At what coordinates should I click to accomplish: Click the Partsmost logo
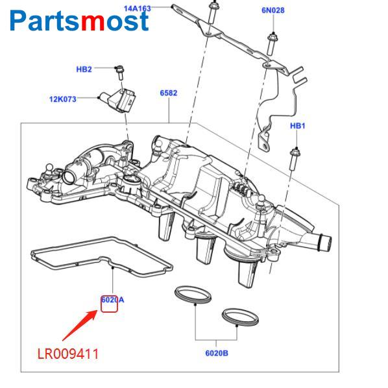pos(79,21)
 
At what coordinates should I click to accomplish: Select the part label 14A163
pos(137,8)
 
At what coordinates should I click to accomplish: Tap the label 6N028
pos(273,10)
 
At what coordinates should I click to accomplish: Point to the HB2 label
pos(84,69)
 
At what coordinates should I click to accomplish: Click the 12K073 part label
pos(62,99)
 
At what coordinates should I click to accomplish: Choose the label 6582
pos(169,93)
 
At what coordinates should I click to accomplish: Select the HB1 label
pos(297,126)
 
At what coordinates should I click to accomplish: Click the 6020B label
pos(217,353)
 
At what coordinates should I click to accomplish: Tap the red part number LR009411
pos(68,354)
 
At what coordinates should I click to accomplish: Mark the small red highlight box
pos(109,304)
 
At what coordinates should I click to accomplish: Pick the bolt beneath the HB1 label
pos(295,159)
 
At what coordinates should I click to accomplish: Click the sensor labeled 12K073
pos(117,100)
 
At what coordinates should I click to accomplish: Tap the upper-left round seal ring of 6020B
pos(193,295)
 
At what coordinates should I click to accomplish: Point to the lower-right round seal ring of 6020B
pos(241,317)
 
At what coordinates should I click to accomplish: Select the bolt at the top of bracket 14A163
pos(213,13)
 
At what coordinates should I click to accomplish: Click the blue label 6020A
pos(113,300)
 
